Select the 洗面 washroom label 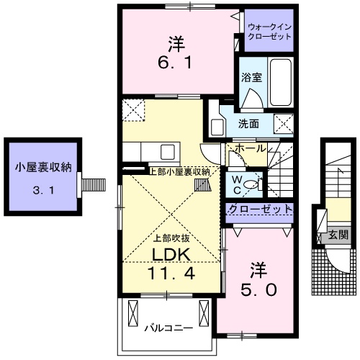click(x=250, y=123)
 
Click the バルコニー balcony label click(x=167, y=328)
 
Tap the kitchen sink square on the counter click(x=168, y=152)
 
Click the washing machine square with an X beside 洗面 click(x=283, y=124)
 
